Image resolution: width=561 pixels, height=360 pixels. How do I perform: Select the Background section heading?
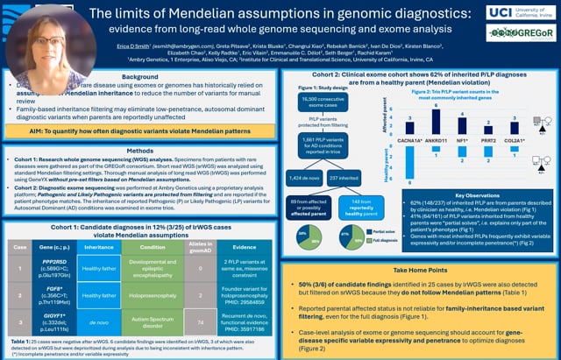tap(140, 77)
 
